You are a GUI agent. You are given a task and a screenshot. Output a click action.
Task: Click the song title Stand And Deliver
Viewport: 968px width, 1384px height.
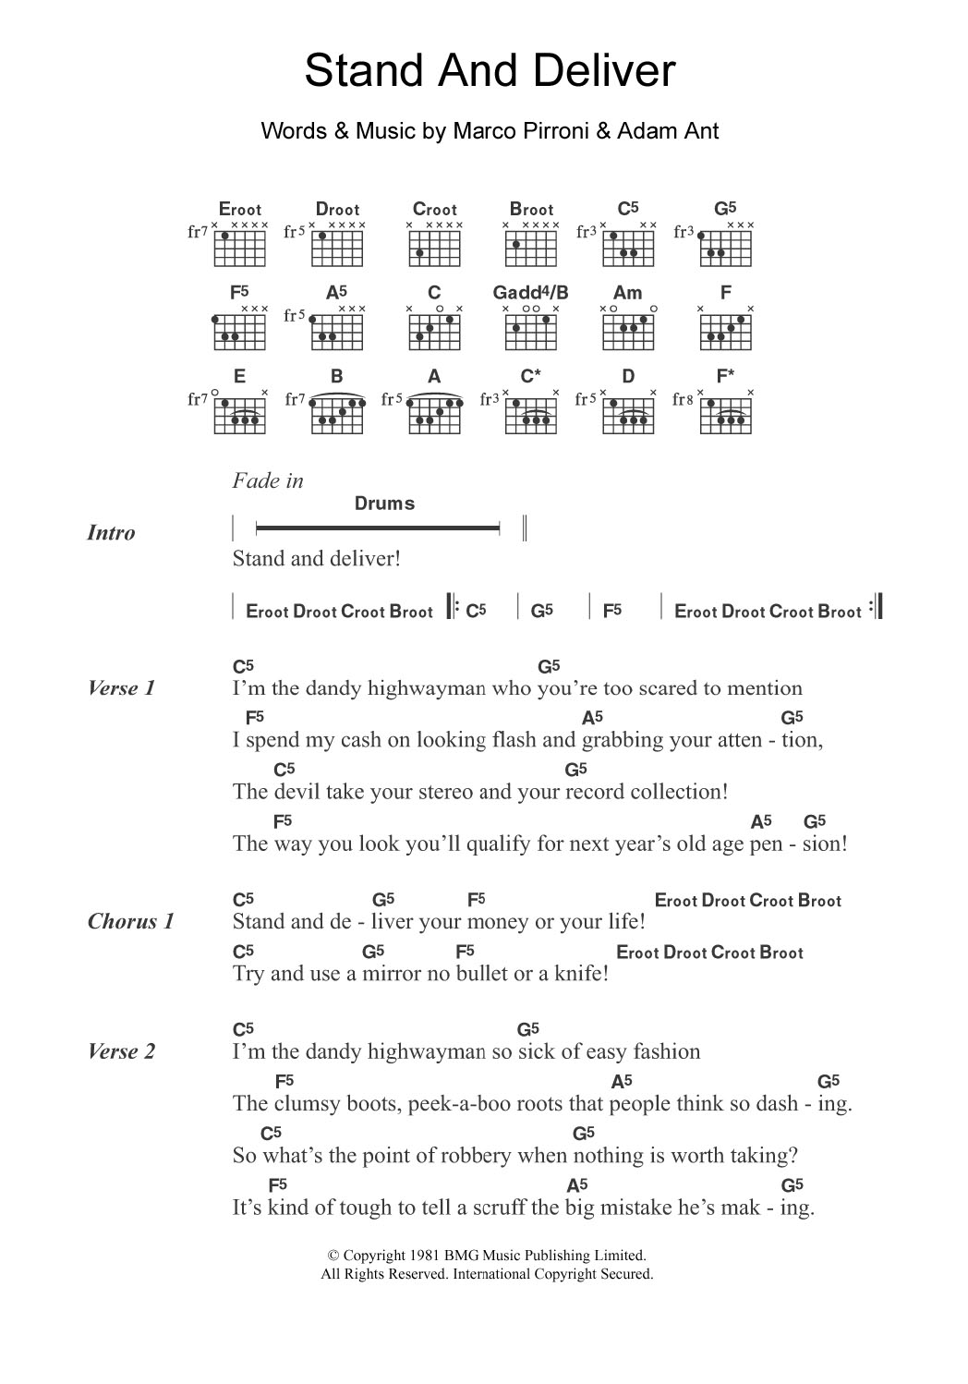pyautogui.click(x=490, y=72)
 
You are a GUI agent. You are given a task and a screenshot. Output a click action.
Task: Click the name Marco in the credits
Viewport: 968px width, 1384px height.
pyautogui.click(x=479, y=131)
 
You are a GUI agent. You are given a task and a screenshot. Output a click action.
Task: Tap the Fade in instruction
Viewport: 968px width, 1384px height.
pyautogui.click(x=268, y=480)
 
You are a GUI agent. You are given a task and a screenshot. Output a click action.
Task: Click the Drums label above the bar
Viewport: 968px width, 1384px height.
pyautogui.click(x=384, y=504)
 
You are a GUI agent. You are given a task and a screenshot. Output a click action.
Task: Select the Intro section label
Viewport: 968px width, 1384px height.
pyautogui.click(x=111, y=533)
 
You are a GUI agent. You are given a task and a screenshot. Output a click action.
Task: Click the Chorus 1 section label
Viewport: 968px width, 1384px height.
pyautogui.click(x=130, y=921)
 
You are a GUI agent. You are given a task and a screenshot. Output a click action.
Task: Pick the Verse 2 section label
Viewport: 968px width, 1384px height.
pyautogui.click(x=121, y=1051)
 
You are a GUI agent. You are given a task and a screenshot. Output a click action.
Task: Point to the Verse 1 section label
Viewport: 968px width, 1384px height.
pyautogui.click(x=121, y=688)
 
